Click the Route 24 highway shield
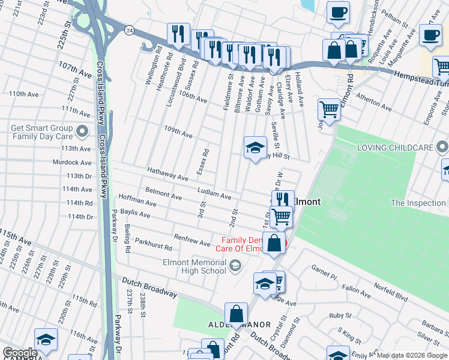128,29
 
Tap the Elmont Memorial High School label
193,266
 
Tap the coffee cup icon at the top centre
338,12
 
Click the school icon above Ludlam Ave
255,148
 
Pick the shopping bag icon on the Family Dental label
274,244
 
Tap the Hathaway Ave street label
168,175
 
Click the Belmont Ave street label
163,196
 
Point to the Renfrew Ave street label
192,240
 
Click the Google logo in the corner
20,353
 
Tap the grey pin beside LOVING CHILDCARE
442,147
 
